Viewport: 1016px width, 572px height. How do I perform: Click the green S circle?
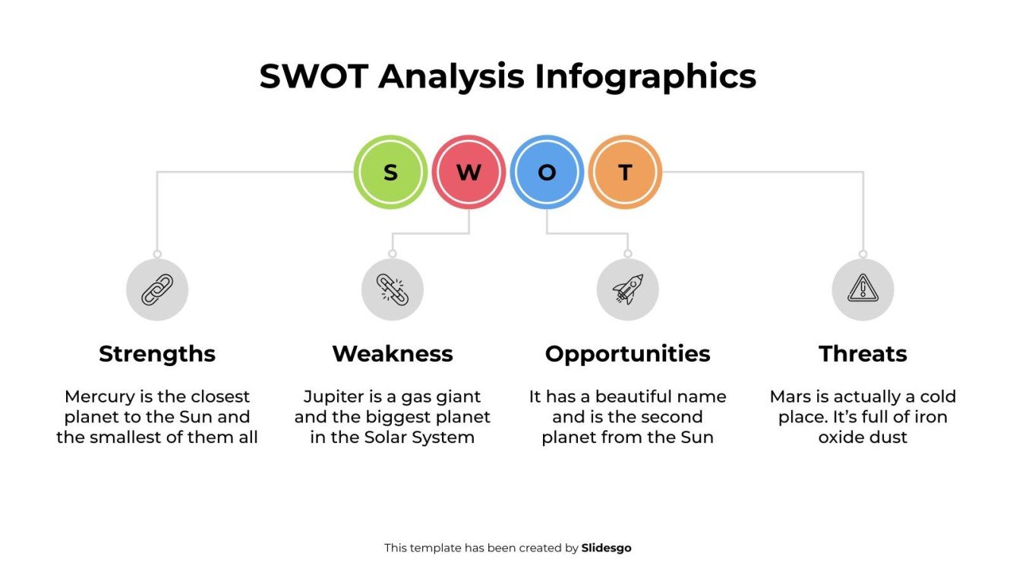tap(390, 172)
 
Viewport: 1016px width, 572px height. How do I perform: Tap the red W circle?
tap(469, 172)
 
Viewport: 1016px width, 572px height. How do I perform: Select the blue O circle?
tap(547, 172)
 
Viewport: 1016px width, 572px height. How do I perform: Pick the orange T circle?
tap(625, 172)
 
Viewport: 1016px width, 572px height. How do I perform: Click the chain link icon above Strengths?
tap(157, 289)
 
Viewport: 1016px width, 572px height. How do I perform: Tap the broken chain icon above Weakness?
tap(393, 289)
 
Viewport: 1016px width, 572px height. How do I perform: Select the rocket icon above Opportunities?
tap(627, 289)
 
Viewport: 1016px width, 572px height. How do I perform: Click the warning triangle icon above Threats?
tap(863, 289)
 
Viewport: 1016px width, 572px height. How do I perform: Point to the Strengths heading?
tap(157, 354)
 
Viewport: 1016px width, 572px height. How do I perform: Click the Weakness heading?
tap(393, 354)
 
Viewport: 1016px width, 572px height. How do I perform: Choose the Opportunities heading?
tap(627, 354)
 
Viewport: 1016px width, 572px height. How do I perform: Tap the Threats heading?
tap(863, 354)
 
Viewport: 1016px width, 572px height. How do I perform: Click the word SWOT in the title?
tap(314, 77)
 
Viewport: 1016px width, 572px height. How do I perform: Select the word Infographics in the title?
tap(645, 77)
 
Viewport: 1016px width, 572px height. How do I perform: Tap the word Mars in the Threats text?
tap(788, 397)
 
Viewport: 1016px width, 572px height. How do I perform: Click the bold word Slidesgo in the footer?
tap(606, 548)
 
